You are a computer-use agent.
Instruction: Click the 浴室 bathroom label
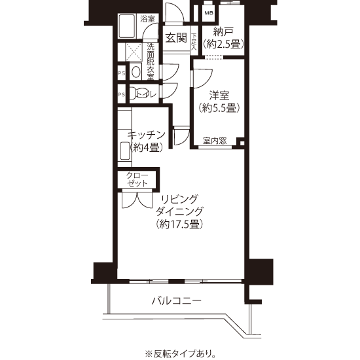click(x=147, y=19)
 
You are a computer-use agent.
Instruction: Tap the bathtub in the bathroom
click(x=127, y=26)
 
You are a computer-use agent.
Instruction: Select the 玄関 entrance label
click(x=176, y=38)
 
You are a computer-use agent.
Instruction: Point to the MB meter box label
click(x=209, y=13)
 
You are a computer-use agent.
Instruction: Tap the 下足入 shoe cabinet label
click(x=194, y=42)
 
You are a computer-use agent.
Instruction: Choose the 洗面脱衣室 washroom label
click(x=151, y=62)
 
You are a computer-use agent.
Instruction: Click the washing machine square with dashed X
click(x=134, y=52)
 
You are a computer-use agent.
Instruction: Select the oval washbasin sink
click(x=136, y=71)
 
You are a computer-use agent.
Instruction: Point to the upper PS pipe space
click(x=122, y=73)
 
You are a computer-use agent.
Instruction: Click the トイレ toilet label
click(x=147, y=94)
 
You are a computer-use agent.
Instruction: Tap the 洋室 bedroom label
click(x=219, y=96)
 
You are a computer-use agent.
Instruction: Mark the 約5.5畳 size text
click(x=219, y=108)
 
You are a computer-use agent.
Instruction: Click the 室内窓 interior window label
click(x=215, y=141)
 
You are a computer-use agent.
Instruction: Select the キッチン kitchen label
click(x=147, y=135)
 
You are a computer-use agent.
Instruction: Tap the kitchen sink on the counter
click(x=125, y=151)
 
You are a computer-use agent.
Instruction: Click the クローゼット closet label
click(x=137, y=179)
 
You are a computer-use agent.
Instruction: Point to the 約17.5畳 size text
click(x=179, y=224)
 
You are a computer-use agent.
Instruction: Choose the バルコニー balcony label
click(x=176, y=300)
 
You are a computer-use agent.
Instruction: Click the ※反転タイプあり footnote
click(x=180, y=353)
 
